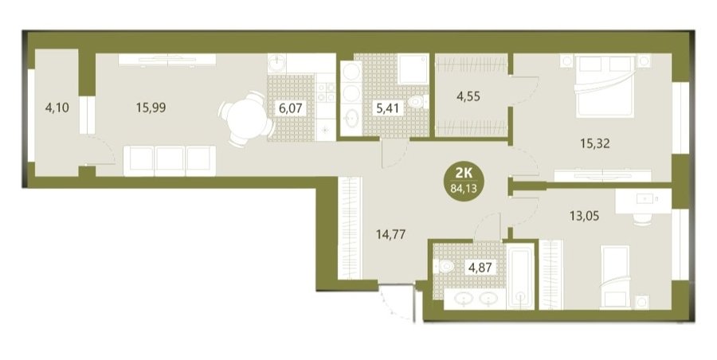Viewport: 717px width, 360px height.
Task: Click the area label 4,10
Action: coord(57,108)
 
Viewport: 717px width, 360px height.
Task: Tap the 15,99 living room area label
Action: coord(151,108)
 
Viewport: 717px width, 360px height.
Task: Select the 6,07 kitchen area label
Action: coord(290,108)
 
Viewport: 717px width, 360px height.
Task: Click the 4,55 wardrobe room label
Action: coord(468,96)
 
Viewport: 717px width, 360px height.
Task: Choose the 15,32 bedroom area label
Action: coord(595,144)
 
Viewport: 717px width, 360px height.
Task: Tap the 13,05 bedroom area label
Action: coord(584,214)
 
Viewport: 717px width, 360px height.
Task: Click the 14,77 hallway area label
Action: coord(390,235)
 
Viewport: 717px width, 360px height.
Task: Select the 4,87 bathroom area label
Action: coord(479,267)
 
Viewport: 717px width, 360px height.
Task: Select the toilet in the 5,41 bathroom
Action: coord(417,102)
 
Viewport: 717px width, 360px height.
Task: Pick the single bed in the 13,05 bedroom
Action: coord(615,276)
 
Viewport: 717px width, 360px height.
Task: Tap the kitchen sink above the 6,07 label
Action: coord(276,63)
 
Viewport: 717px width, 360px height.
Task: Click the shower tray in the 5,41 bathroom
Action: coord(413,69)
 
